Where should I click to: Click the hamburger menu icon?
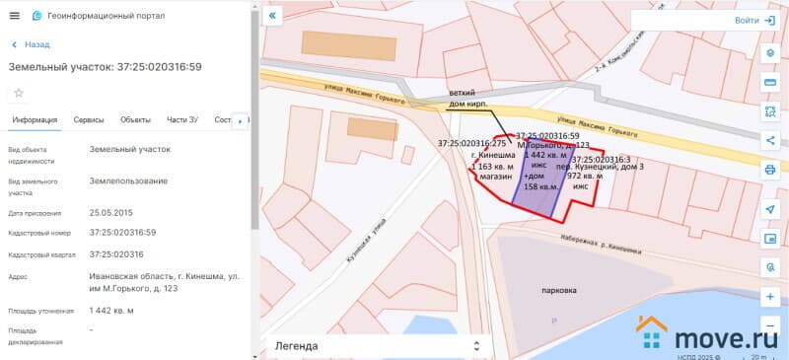coord(14,16)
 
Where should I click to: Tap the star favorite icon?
coord(18,93)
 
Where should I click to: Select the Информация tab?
coord(35,120)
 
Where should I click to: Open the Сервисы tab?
coord(89,120)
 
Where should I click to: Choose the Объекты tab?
coord(135,120)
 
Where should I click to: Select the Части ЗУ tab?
coord(182,120)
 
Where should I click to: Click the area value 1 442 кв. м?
coord(111,311)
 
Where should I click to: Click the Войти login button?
coord(754,20)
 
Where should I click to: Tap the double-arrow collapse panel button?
coord(273,16)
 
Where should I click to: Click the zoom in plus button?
coord(769,296)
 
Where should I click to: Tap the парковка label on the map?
coord(559,291)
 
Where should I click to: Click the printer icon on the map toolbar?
coord(769,170)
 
